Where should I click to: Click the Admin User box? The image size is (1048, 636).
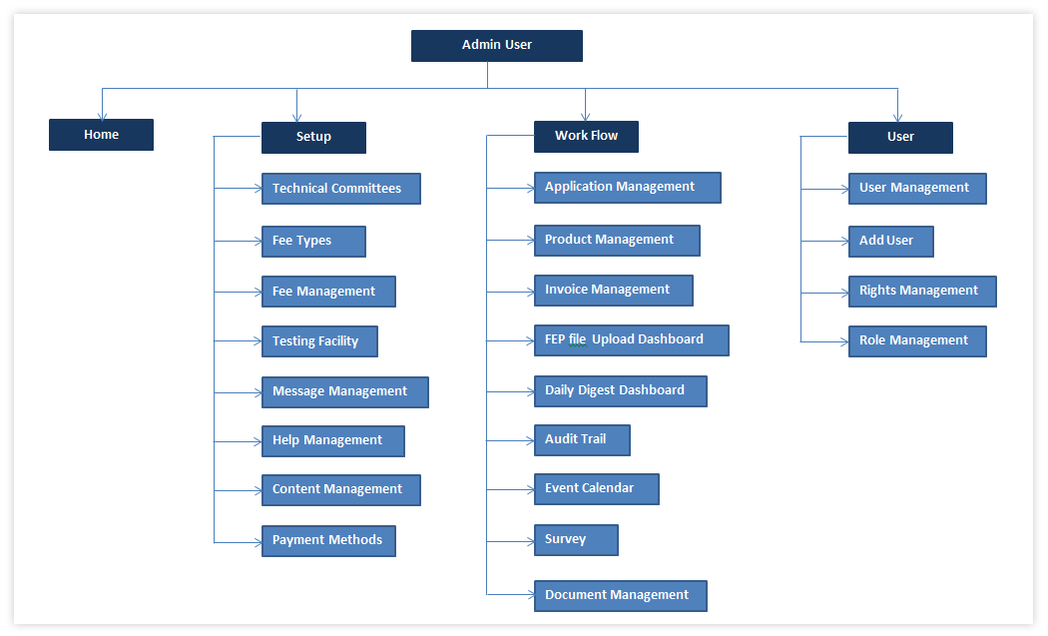496,46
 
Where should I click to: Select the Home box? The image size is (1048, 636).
101,135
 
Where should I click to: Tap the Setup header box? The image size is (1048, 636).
313,138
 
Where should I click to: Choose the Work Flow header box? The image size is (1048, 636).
586,137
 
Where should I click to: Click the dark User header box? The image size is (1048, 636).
900,138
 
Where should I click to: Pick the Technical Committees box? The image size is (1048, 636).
340,189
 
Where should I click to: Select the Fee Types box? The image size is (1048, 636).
313,242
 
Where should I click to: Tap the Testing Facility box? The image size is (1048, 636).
319,341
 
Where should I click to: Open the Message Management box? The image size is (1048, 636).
344,392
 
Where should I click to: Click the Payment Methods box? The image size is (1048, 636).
328,541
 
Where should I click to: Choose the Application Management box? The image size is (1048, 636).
627,188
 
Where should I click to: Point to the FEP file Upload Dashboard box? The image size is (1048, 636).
631,340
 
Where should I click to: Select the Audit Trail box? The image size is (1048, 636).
582,440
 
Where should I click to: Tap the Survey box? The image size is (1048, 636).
576,540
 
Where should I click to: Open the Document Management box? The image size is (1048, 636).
620,596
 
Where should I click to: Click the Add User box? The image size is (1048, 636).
890,242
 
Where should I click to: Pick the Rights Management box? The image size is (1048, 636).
921,292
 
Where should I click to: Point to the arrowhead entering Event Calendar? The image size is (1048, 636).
529,490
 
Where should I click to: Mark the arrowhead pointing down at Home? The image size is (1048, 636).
101,115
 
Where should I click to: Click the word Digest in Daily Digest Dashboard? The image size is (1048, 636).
602,391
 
